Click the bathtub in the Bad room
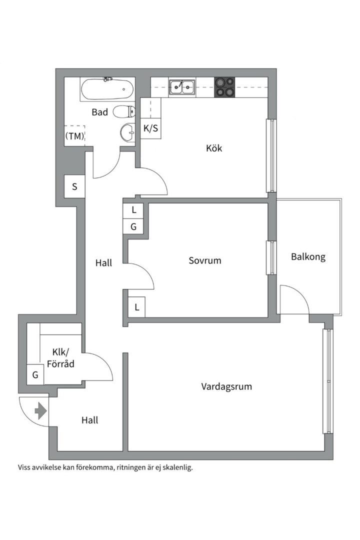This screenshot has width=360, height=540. coord(107,90)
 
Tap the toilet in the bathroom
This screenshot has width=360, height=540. coord(124,111)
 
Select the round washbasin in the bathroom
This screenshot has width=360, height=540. coord(128,133)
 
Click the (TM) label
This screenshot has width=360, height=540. coord(74,135)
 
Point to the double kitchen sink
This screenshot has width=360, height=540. coord(181,87)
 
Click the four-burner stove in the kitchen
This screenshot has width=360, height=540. coord(225,87)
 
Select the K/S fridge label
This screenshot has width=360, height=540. coord(150,128)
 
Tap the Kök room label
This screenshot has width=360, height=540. coord(214,148)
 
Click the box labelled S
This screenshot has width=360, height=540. coord(74,187)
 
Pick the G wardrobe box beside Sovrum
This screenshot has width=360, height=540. coord(133,226)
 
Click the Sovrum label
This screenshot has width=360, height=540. coord(205,260)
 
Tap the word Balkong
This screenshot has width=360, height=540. coord(308,257)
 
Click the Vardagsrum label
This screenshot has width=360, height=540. coord(226,386)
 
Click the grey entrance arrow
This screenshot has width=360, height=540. coord(40,411)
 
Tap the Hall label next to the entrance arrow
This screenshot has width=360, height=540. coord(89,420)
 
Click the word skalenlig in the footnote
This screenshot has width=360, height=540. coord(175,468)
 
